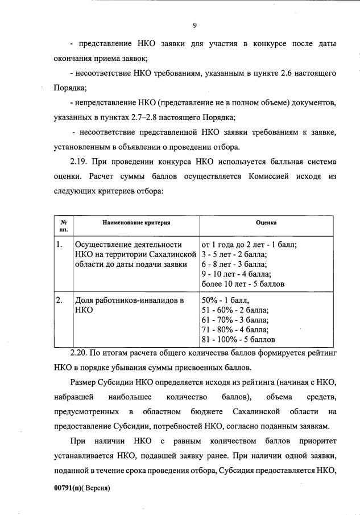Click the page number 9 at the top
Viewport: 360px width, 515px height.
coord(195,25)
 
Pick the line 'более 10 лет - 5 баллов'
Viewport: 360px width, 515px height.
coord(243,283)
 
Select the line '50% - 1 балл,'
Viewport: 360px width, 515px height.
coord(226,300)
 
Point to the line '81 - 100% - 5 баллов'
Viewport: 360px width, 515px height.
coord(238,339)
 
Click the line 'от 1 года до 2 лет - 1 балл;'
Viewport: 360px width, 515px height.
coord(250,245)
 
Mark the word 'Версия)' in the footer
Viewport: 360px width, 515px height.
coord(97,488)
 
